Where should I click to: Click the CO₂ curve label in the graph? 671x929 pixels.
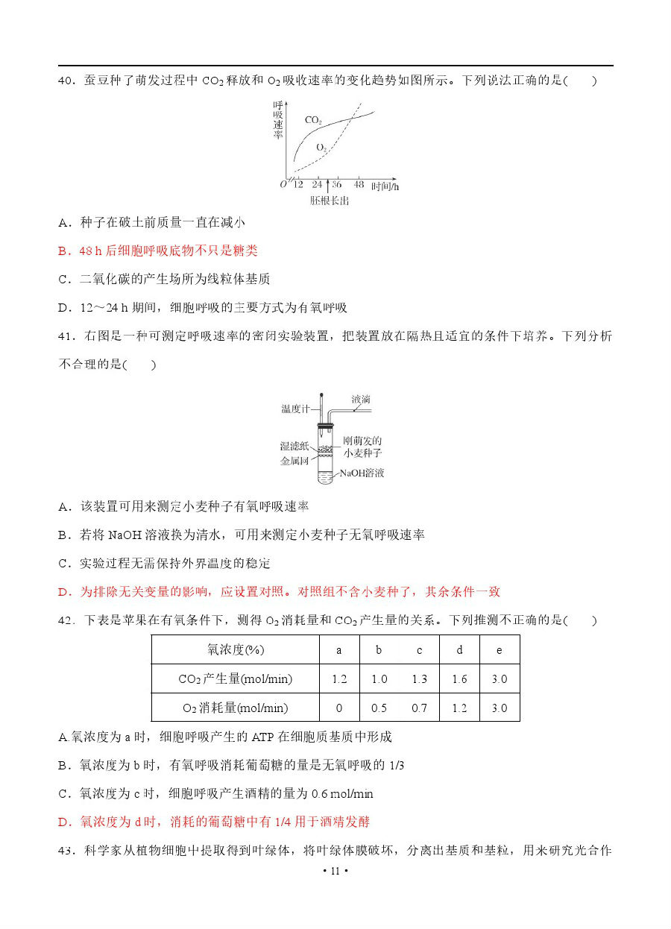click(313, 120)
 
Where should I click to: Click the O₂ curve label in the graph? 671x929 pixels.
click(321, 147)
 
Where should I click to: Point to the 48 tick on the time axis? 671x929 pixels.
click(359, 184)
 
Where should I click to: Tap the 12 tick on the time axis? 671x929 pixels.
click(298, 184)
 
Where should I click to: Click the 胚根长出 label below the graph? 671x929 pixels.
click(330, 201)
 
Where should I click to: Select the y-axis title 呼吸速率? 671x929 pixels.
click(278, 119)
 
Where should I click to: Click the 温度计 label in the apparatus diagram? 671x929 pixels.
click(295, 409)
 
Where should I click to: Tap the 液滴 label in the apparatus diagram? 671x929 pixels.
click(362, 400)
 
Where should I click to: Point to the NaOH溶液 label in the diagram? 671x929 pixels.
click(362, 473)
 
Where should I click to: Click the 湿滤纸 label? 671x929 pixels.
click(294, 446)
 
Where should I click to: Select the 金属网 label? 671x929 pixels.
click(294, 461)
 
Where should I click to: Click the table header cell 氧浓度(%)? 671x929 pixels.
click(236, 649)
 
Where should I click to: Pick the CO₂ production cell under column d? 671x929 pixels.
click(459, 678)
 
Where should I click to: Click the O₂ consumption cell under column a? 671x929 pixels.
click(339, 708)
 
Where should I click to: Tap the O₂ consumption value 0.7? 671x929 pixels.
click(420, 708)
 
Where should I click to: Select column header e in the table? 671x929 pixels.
click(500, 649)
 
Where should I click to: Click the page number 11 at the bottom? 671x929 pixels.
click(335, 871)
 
